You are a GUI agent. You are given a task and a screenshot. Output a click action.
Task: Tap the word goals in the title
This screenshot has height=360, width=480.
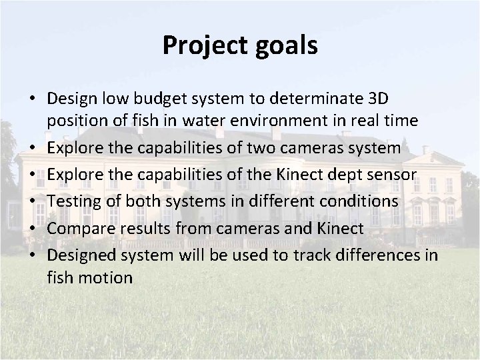pos(287,47)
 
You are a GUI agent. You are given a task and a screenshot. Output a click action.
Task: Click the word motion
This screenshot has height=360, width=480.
pos(105,277)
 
